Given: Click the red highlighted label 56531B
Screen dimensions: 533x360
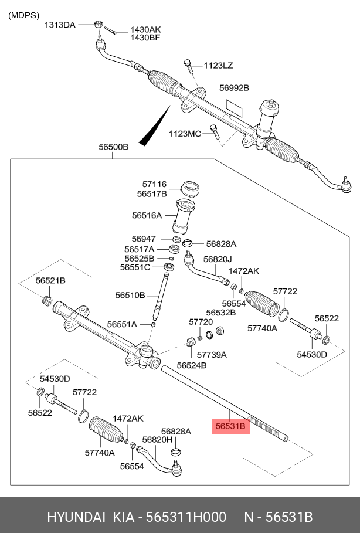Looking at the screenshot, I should click(230, 426).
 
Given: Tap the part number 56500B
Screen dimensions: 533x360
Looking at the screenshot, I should click(113, 148).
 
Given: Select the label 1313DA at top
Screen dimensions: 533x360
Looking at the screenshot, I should click(60, 25).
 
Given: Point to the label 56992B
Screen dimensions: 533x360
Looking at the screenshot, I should click(235, 88).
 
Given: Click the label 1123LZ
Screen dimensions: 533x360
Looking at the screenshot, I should click(219, 66).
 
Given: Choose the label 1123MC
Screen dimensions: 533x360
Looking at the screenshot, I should click(185, 134).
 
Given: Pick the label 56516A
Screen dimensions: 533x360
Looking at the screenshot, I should click(147, 215).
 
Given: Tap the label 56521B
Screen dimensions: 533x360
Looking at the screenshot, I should click(50, 281).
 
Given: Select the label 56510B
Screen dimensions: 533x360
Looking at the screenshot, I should click(130, 295).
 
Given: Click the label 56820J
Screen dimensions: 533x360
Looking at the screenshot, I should click(218, 259).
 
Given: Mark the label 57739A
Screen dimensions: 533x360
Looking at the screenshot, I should click(212, 355).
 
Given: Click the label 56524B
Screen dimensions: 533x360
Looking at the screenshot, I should click(192, 365).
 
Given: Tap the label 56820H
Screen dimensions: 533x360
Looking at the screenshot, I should click(158, 440).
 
